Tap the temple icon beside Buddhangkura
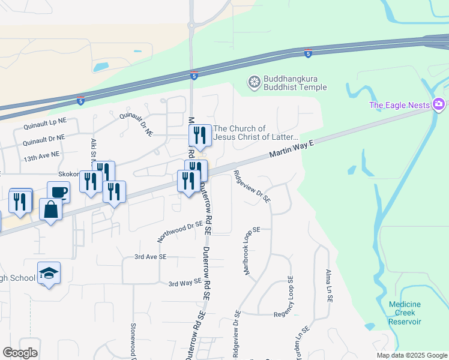tap(255, 82)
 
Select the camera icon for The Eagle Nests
tap(439, 105)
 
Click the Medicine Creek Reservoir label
tap(405, 313)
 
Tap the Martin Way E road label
tap(292, 148)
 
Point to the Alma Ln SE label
tap(329, 285)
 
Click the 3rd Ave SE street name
tap(149, 257)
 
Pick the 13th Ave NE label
tap(42, 155)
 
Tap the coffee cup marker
tap(58, 193)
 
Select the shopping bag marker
tap(50, 210)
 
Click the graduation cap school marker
tap(49, 274)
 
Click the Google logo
tap(20, 353)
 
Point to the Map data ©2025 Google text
tap(411, 355)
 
